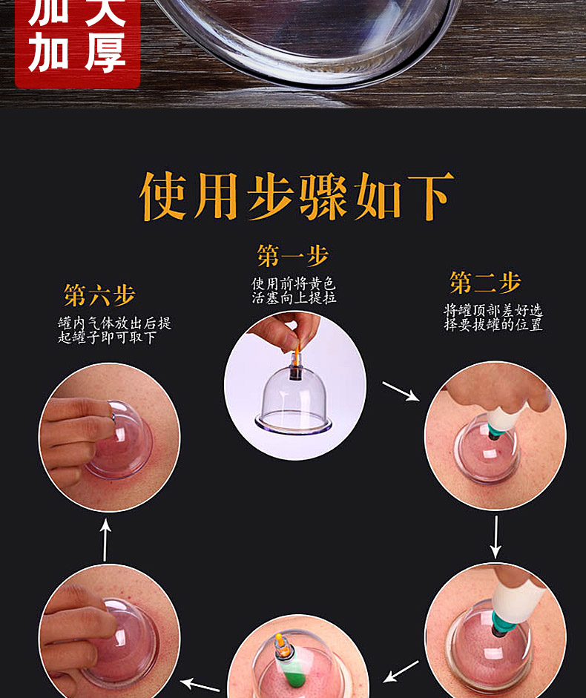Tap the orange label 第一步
[x=293, y=256]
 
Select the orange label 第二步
[x=485, y=283]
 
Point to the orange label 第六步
[x=99, y=295]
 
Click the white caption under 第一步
[x=293, y=290]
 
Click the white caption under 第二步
[x=493, y=317]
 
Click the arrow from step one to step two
[x=400, y=391]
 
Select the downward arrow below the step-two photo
[x=496, y=536]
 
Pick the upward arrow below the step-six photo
[x=105, y=539]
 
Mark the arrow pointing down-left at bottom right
[x=401, y=672]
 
